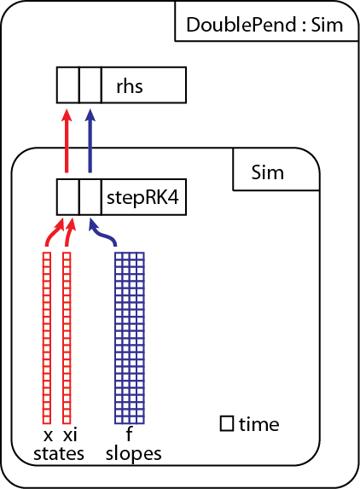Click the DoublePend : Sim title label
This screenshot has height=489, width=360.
264,25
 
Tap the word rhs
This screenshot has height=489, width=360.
130,86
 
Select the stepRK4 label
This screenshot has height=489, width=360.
142,198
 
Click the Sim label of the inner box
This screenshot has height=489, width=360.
267,172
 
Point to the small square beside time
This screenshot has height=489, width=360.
227,423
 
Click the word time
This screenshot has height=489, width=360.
259,424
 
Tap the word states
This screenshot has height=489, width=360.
59,454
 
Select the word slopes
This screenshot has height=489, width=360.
133,455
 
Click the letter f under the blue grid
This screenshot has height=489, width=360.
129,434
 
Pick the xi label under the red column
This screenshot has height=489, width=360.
70,434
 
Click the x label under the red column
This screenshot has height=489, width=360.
48,436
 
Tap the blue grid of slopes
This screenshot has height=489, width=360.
130,338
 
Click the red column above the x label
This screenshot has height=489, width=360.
47,338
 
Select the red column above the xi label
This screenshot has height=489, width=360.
67,338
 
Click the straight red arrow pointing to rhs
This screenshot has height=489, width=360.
67,141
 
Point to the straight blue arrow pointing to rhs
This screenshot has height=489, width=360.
90,141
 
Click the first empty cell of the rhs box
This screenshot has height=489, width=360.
68,84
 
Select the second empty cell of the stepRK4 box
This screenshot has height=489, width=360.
90,197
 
